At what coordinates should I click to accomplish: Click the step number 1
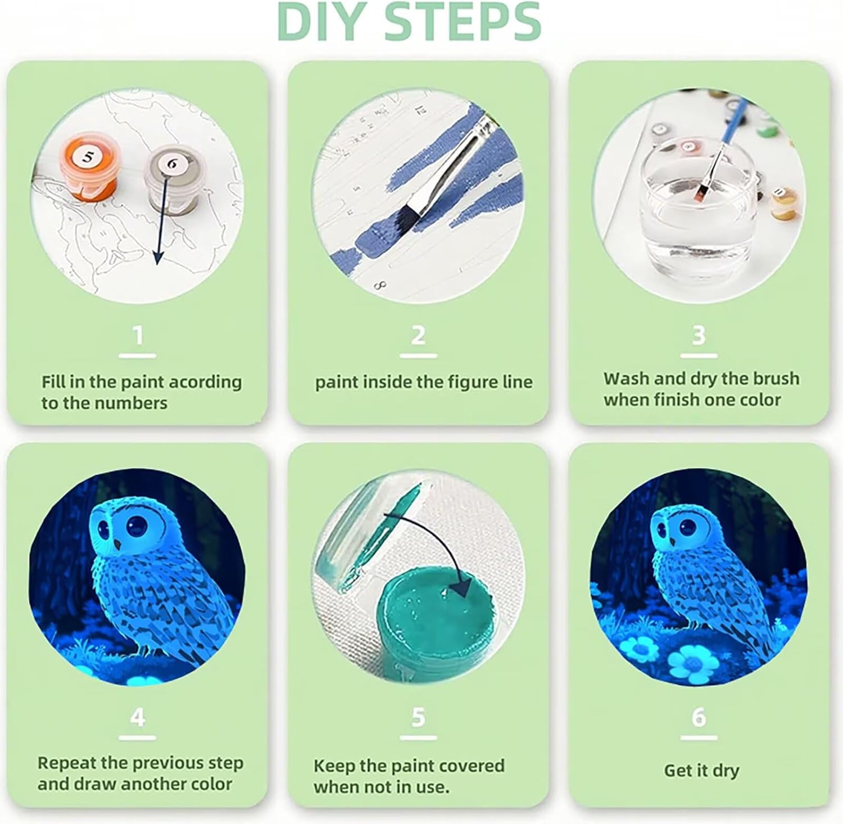click(x=138, y=336)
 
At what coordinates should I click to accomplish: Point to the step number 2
click(x=418, y=336)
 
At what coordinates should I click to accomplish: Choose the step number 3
click(x=699, y=336)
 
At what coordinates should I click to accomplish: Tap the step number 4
click(x=138, y=717)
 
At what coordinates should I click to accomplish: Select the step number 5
click(x=418, y=717)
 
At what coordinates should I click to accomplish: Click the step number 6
click(x=699, y=717)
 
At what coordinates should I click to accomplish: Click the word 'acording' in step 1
click(x=205, y=382)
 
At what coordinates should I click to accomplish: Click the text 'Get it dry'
click(x=701, y=771)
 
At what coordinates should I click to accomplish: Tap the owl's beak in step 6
click(x=672, y=539)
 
